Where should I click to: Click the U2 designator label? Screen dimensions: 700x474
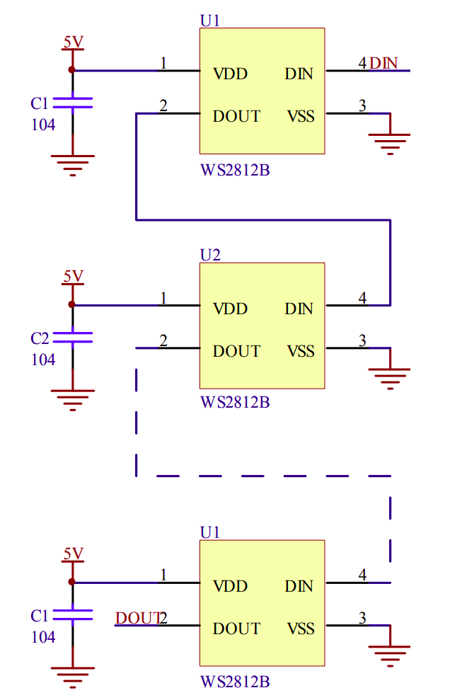coord(211,256)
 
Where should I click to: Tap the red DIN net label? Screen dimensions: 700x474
coord(383,63)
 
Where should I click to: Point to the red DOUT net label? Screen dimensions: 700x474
coord(137,619)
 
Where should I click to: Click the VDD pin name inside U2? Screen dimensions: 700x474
coord(231,309)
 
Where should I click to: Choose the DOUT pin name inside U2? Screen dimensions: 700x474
coord(236,351)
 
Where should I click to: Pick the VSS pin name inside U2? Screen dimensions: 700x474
coord(301,351)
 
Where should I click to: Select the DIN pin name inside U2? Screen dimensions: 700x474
coord(299,309)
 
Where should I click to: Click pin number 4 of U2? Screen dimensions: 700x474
coord(362,299)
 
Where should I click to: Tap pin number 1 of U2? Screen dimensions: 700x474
coord(163,299)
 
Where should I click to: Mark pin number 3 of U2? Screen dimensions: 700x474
coord(362,341)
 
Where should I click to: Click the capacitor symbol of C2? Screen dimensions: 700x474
coord(72,337)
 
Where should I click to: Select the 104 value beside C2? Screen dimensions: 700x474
coord(42,360)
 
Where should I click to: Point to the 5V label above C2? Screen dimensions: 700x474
coord(73,276)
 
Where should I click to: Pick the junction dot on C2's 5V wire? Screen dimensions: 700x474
coord(71,305)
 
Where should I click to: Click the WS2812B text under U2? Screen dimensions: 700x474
coord(235,403)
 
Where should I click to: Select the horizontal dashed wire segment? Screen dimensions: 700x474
coord(262,476)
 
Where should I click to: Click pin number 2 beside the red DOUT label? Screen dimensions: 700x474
coord(163,619)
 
